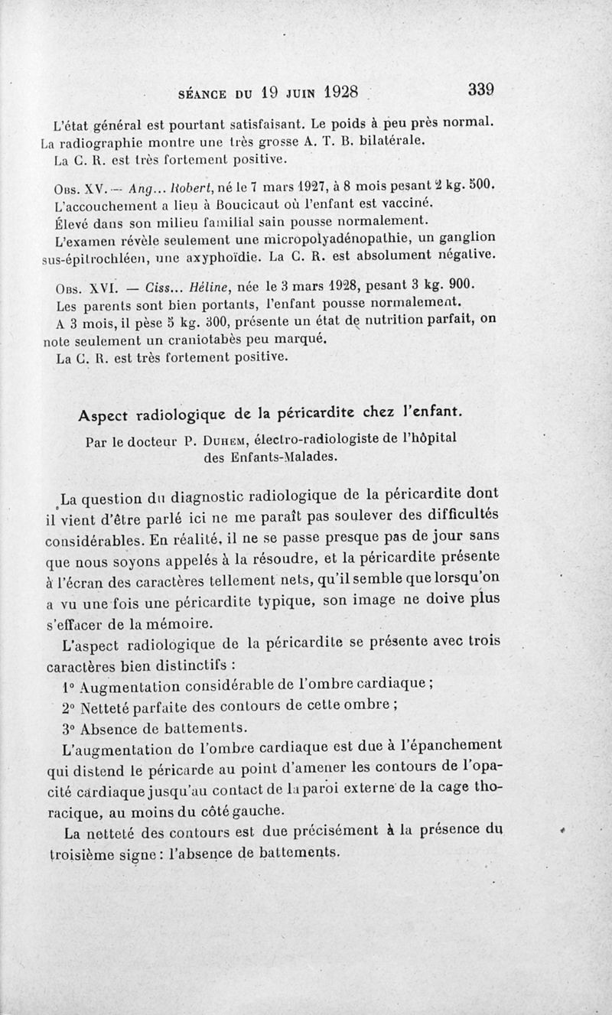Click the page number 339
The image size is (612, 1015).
tap(480, 89)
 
